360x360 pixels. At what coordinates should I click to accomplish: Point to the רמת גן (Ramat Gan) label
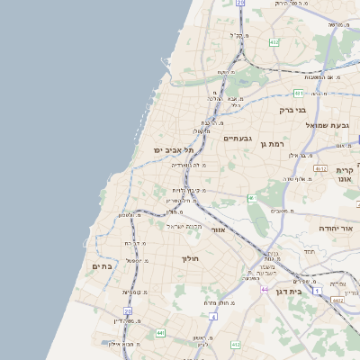coord(270,144)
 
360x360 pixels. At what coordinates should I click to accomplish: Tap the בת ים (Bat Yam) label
coord(101,266)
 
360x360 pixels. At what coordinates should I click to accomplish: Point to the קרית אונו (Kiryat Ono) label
coord(346,174)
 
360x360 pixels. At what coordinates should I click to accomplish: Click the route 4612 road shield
coord(320,167)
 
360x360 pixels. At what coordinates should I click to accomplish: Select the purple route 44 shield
coord(265,289)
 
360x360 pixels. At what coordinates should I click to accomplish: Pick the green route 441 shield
coord(160,333)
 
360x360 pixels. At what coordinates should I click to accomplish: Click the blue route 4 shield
coord(213,317)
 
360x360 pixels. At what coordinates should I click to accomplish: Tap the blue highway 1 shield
coord(318,292)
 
